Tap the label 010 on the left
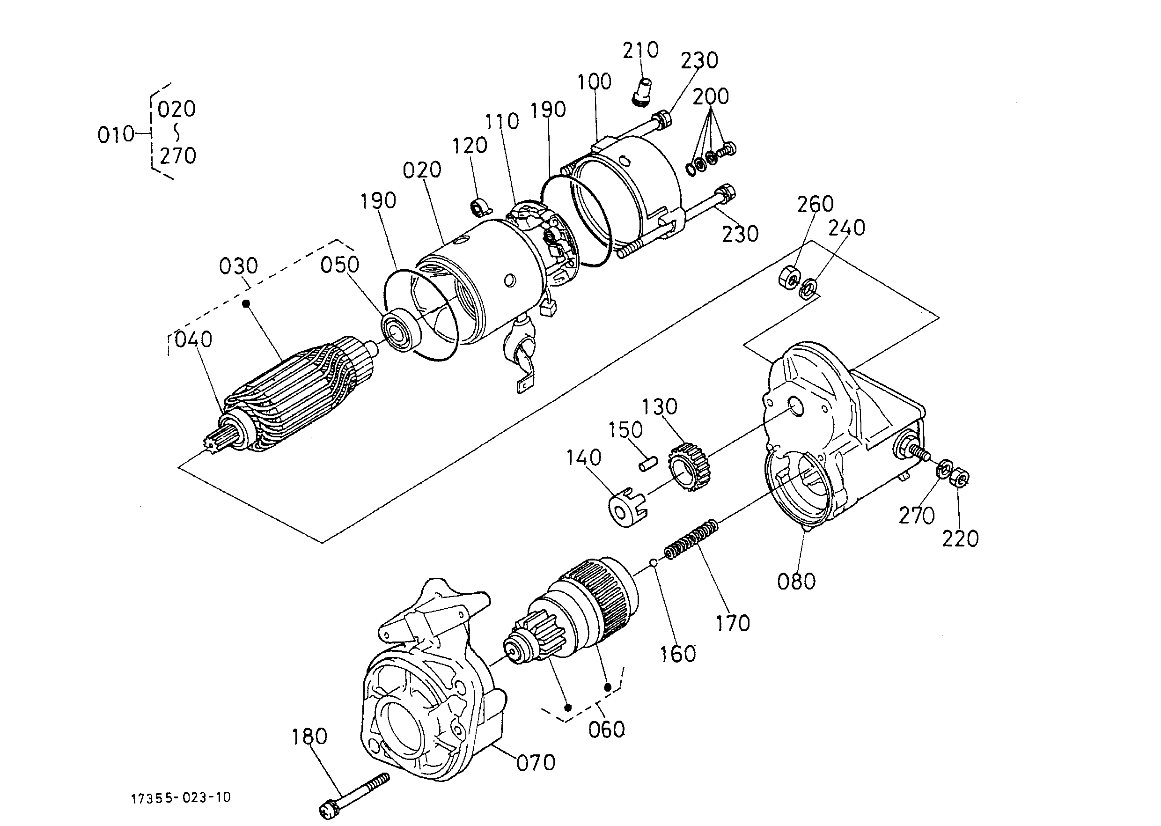coord(116,135)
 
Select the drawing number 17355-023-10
coord(181,797)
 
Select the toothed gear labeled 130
coord(690,466)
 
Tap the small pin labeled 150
coord(648,464)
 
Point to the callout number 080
coord(796,582)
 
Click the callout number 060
coord(606,730)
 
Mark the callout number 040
coord(193,339)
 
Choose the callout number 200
coord(711,96)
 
